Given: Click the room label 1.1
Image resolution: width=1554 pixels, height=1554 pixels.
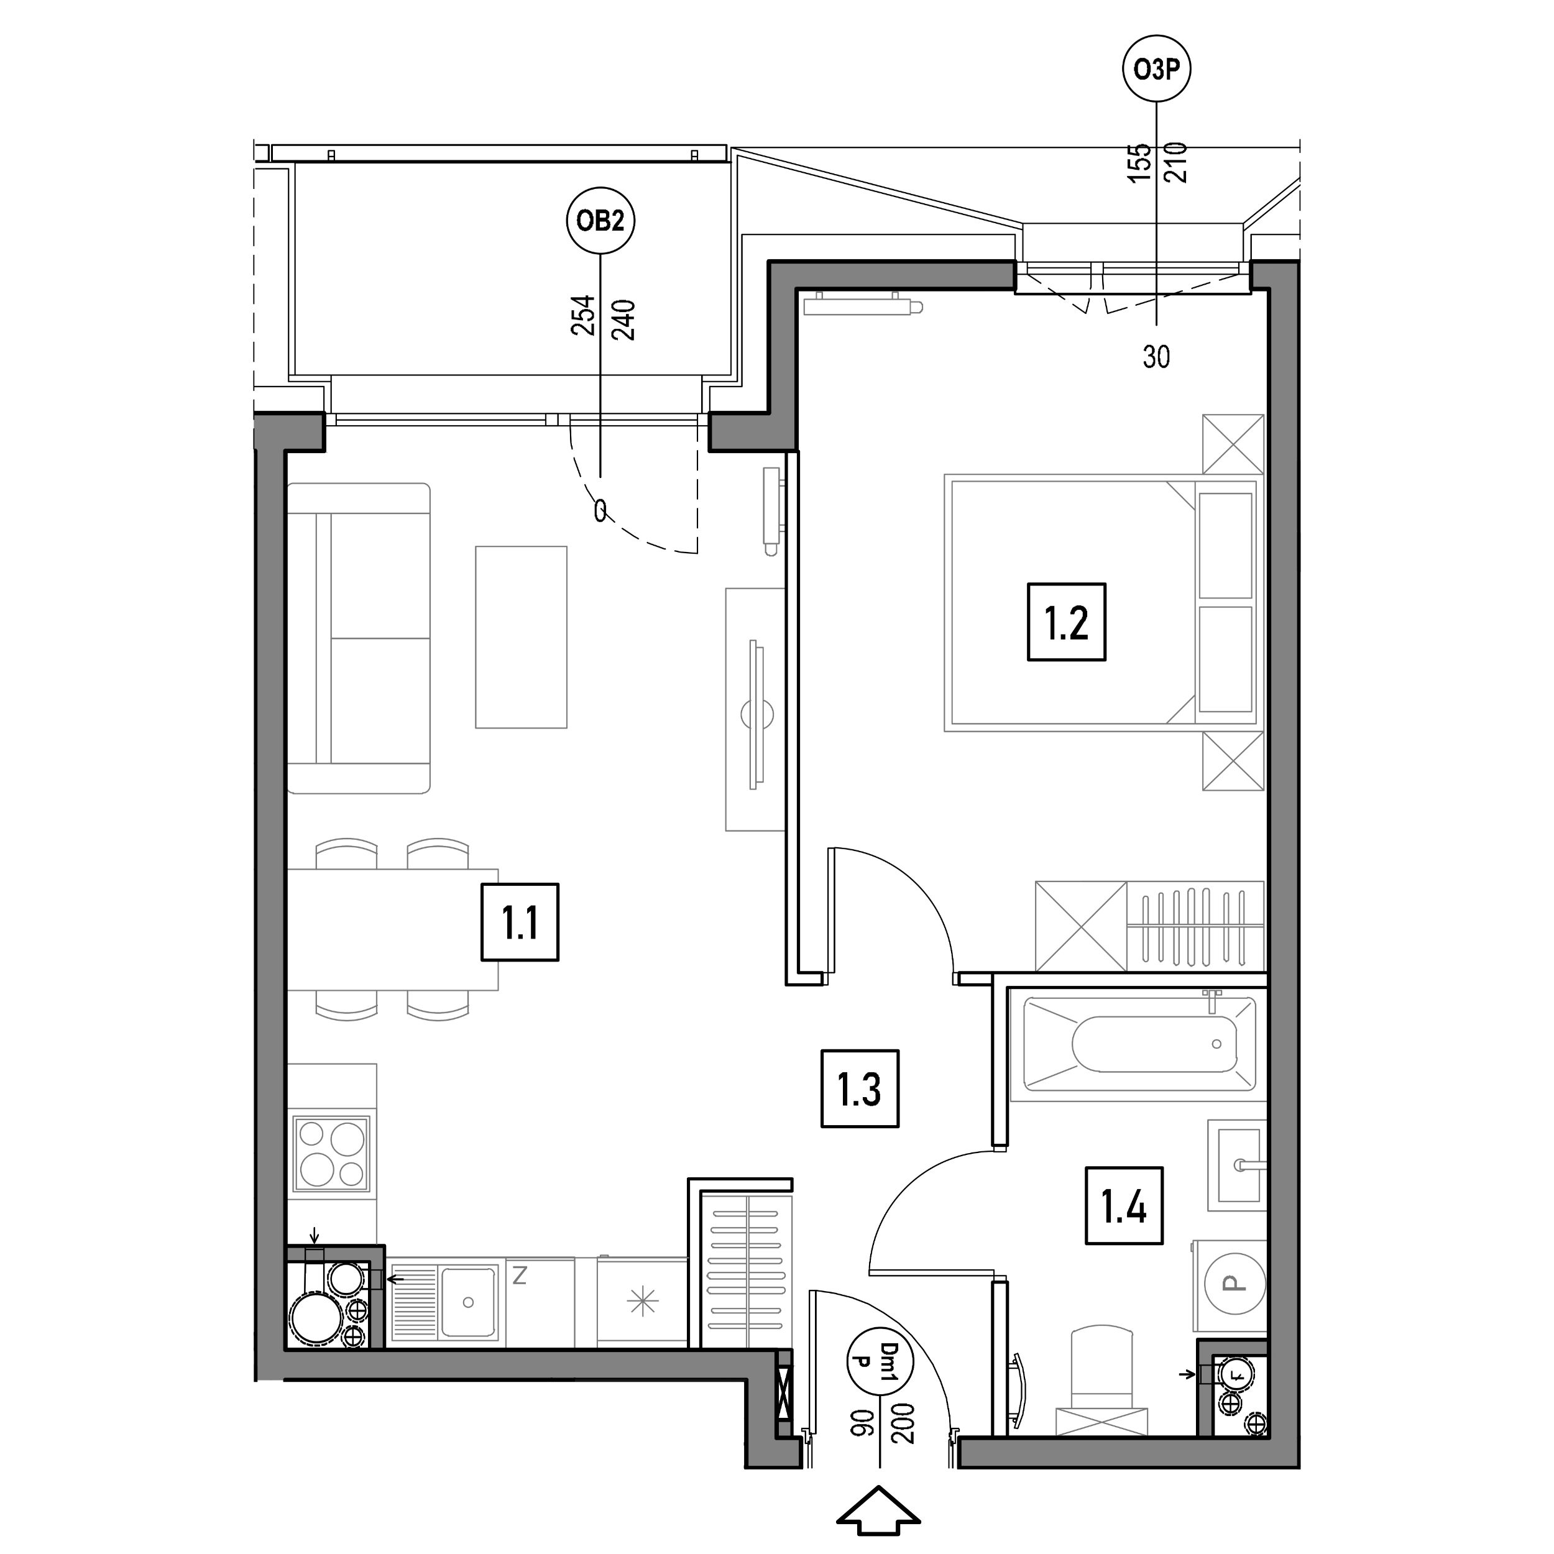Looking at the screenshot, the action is click(520, 922).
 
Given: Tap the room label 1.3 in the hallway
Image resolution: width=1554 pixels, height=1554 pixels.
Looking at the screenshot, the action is click(860, 1088).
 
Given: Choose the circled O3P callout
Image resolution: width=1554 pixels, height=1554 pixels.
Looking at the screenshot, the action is click(1157, 70).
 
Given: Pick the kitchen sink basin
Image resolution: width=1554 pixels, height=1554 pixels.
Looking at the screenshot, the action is click(467, 1300).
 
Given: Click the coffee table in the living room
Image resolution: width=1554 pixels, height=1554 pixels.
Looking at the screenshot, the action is click(522, 637).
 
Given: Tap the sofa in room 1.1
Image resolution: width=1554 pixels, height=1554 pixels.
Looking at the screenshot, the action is click(359, 638).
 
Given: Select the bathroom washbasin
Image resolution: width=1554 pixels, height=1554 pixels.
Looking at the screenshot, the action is click(1237, 1165).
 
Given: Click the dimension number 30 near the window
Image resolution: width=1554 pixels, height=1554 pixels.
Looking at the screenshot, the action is click(1156, 356).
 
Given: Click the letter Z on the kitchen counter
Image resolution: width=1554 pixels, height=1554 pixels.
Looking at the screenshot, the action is click(520, 1275).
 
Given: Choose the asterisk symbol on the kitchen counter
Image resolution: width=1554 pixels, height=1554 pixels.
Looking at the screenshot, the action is click(643, 1302).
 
